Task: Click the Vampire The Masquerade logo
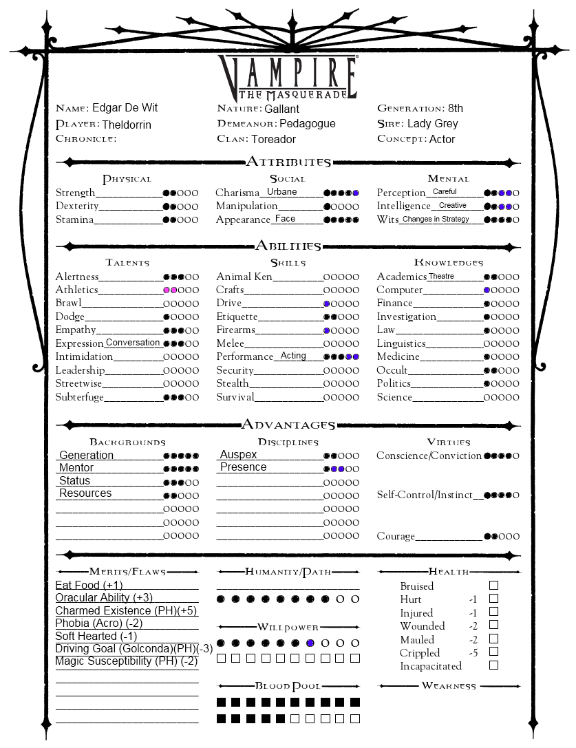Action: tap(288, 77)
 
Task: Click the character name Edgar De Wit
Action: tap(121, 108)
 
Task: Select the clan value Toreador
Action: tap(273, 139)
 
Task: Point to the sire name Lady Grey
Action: tap(432, 124)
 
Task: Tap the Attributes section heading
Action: tap(288, 162)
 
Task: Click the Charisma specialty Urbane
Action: tap(282, 192)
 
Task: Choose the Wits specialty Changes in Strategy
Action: tap(436, 220)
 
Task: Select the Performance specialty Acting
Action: tap(293, 356)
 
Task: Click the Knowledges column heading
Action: tap(448, 262)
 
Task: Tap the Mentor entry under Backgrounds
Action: tap(76, 468)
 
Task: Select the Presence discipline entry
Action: tap(243, 467)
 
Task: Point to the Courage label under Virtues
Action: tap(396, 536)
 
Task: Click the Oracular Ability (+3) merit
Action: tap(104, 598)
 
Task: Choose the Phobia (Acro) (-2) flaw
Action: tap(99, 623)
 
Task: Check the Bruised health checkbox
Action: tap(493, 586)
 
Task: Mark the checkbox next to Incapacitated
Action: tap(493, 665)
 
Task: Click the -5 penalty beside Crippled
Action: tap(473, 652)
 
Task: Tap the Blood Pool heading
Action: tap(288, 686)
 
